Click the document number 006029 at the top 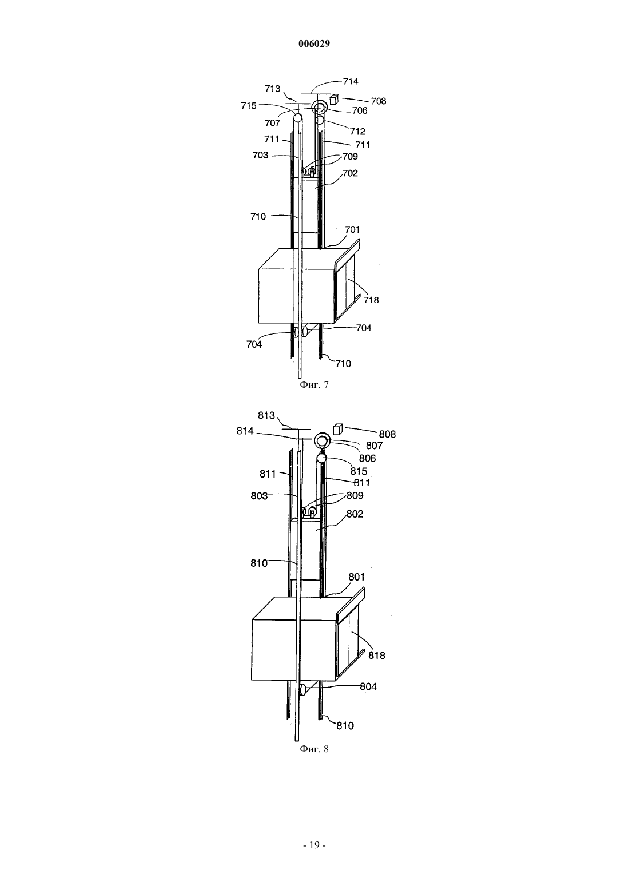(x=314, y=43)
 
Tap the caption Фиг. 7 (x=314, y=384)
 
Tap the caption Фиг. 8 (x=314, y=749)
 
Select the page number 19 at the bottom (x=314, y=845)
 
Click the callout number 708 (x=379, y=101)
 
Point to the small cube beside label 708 (x=333, y=100)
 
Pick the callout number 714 (x=351, y=81)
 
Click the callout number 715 (x=249, y=106)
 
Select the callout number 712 (x=358, y=131)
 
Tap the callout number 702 (x=350, y=173)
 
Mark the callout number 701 (x=352, y=230)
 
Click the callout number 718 (x=371, y=300)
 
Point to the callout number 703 (x=261, y=155)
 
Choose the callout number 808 (x=387, y=434)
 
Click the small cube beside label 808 (x=337, y=429)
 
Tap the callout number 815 (x=359, y=471)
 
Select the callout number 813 (x=266, y=415)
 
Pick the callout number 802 (x=355, y=514)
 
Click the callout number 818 (x=377, y=655)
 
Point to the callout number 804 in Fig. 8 (x=368, y=686)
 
